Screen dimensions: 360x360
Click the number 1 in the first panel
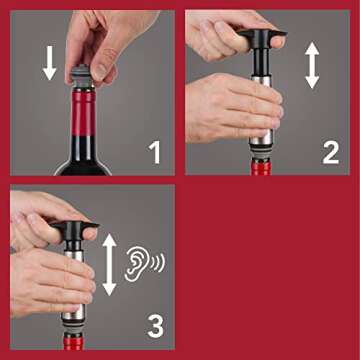point(155,152)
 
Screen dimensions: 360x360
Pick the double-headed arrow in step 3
point(109,263)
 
